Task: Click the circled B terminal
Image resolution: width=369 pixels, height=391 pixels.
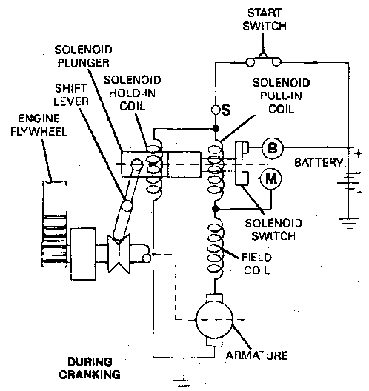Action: coord(273,148)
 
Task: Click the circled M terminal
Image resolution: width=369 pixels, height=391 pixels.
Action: coord(271,178)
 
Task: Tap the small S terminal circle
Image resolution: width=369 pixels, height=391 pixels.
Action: coord(216,109)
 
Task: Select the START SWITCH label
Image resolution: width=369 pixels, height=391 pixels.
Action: coord(265,19)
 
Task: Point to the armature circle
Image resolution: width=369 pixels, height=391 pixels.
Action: coord(215,320)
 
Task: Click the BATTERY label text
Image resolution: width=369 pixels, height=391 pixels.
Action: coord(319,163)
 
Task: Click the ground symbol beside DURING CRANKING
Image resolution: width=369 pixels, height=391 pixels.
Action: coord(184,381)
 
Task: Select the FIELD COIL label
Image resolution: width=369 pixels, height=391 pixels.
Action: coord(256,264)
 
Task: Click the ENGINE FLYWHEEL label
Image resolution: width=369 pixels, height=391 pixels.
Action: coord(39,125)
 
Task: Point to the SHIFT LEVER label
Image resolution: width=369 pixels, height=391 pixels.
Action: coord(71,95)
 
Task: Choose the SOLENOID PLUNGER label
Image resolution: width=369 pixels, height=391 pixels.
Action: coord(83,56)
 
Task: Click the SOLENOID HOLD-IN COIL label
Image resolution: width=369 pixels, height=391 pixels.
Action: coord(132,93)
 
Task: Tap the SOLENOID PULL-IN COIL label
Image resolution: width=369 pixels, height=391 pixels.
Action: coord(281,96)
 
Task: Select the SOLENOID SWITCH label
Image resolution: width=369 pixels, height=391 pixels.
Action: coord(273,230)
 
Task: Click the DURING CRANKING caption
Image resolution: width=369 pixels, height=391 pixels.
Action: coord(90,368)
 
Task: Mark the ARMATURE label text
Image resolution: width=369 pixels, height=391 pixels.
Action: coord(256,355)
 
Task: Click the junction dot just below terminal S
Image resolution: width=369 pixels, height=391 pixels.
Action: coord(216,128)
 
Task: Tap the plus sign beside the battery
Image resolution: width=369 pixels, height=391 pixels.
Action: coord(359,153)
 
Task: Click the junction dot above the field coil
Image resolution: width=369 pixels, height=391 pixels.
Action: coord(216,209)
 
